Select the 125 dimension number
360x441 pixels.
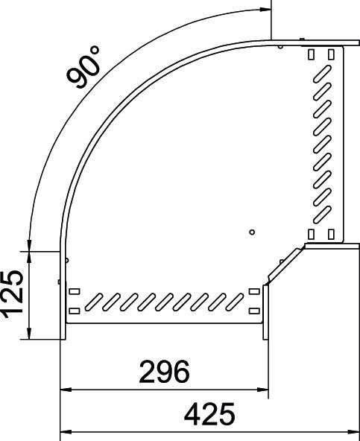click(x=13, y=294)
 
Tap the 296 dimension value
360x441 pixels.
click(x=163, y=370)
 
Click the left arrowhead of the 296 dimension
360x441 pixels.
click(x=65, y=389)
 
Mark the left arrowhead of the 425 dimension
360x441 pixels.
click(x=65, y=431)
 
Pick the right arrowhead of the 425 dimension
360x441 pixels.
click(x=355, y=431)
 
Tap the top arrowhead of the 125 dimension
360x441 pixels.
click(x=29, y=256)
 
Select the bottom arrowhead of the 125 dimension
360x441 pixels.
click(x=29, y=334)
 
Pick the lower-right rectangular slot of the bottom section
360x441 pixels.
click(x=255, y=310)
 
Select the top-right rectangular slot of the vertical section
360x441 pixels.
click(x=329, y=54)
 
